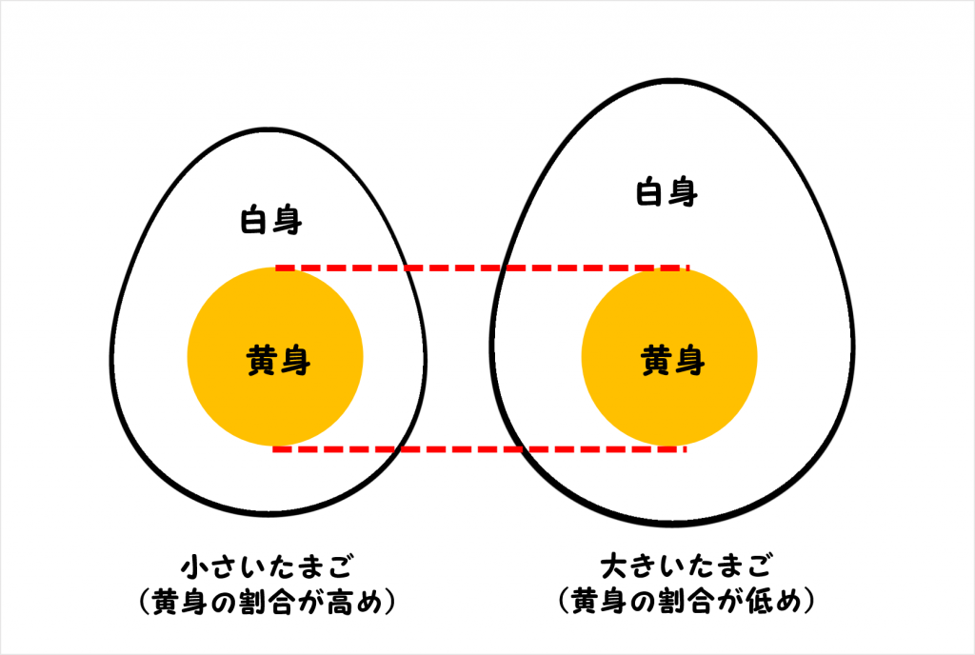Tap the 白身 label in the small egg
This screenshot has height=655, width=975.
coord(271,222)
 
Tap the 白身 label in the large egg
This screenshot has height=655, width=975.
coord(667,193)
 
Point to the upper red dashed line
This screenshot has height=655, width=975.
coord(481,268)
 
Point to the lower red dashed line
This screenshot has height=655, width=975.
coord(481,447)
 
